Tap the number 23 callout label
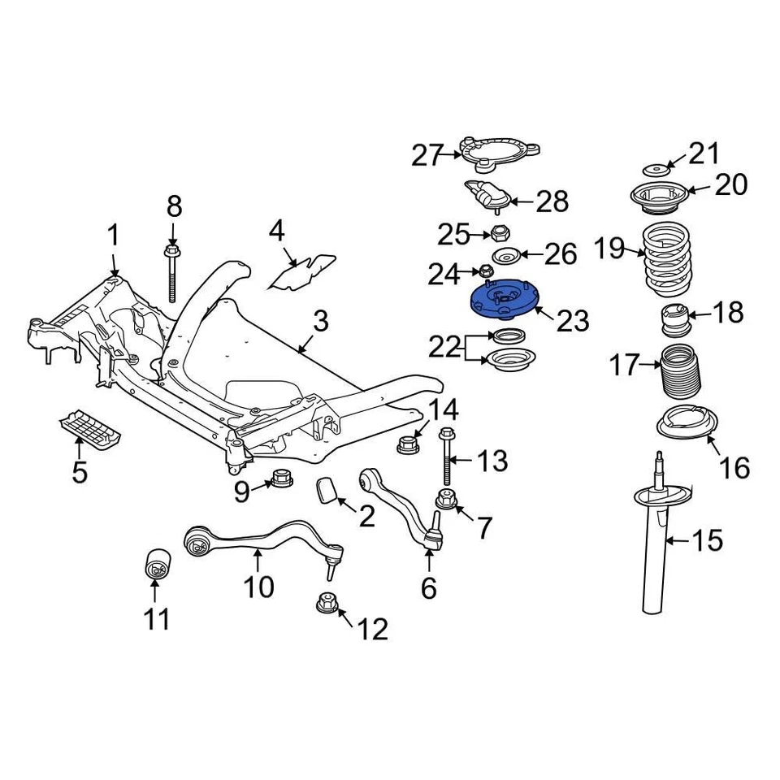point(572,321)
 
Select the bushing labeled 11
point(154,565)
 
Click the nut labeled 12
point(327,604)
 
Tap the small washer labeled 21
point(656,170)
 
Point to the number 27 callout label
point(427,154)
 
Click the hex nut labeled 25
point(498,234)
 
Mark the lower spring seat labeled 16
point(687,425)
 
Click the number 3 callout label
point(321,322)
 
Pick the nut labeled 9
point(280,480)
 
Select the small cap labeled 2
point(328,492)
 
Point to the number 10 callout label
point(259,586)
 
